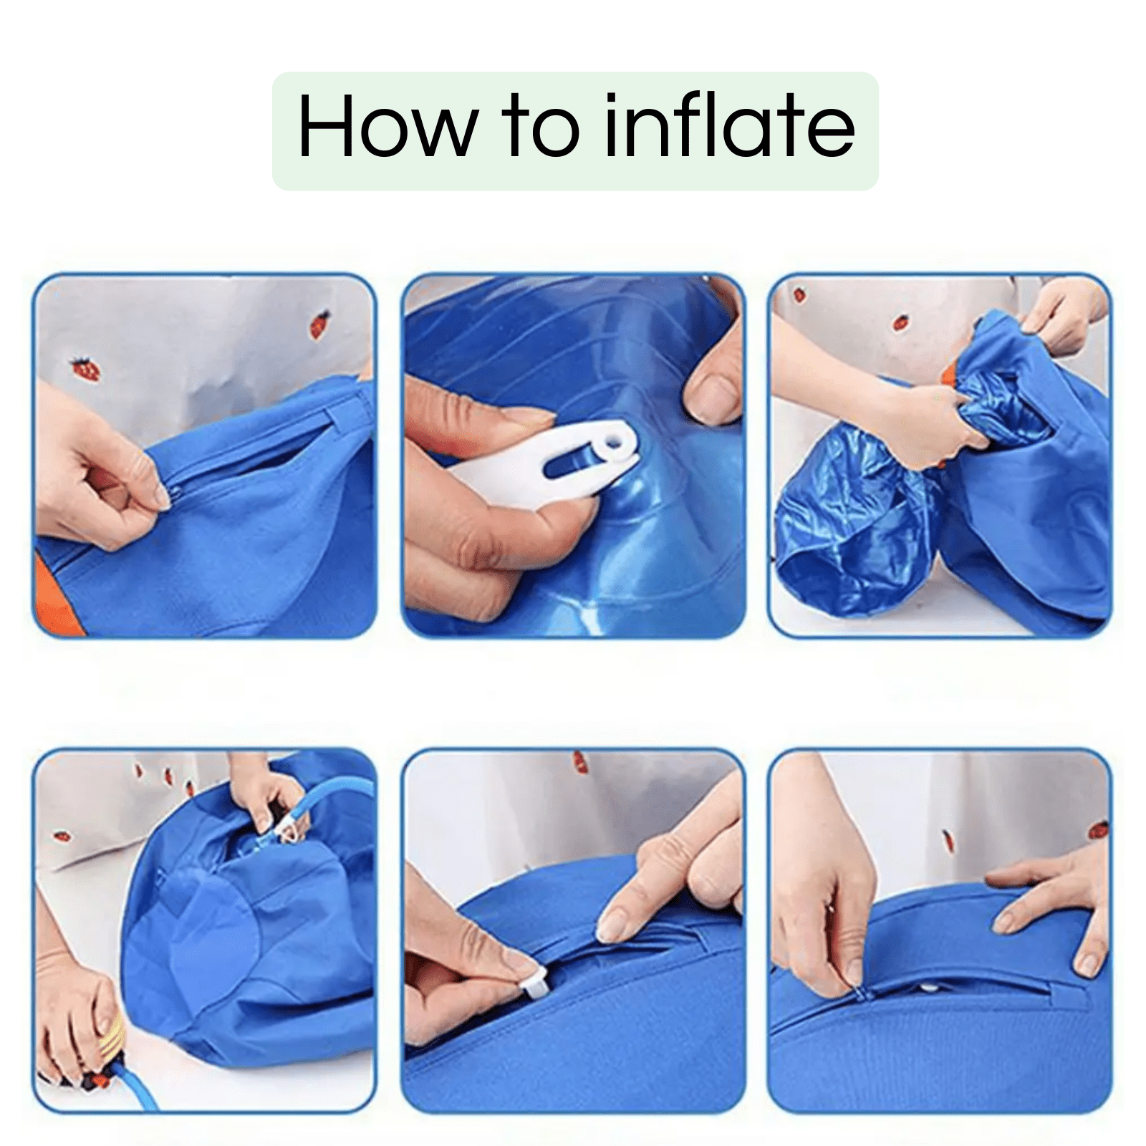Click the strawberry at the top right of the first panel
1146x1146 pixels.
(320, 324)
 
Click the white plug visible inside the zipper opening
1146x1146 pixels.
(929, 988)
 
